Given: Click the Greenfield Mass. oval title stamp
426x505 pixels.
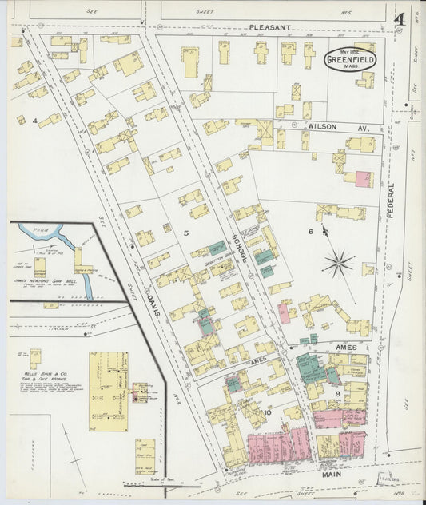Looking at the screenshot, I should (x=349, y=59).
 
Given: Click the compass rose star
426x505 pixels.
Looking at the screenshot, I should (x=339, y=262).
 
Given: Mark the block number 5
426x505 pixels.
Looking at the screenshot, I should (x=185, y=233).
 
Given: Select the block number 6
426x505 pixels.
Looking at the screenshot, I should (x=311, y=232).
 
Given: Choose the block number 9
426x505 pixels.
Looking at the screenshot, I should (x=338, y=392).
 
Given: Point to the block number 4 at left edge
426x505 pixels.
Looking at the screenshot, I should (x=35, y=121).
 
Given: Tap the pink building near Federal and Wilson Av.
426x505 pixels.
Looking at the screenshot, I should (x=362, y=178).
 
